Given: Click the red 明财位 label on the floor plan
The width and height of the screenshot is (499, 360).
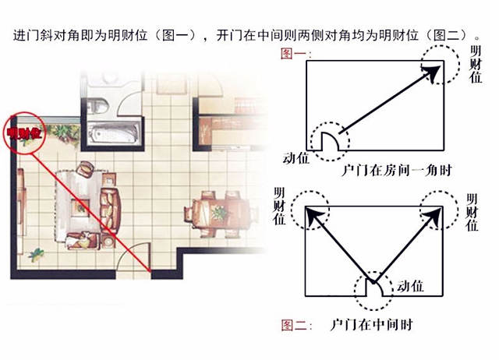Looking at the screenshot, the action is click(25, 133).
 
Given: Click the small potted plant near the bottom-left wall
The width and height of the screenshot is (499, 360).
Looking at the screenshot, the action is click(36, 255).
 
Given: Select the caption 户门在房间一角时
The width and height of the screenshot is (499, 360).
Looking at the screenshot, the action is click(397, 171).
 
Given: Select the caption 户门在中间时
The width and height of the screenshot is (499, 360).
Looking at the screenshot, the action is click(371, 325).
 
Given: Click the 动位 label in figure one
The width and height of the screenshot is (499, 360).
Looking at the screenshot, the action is click(296, 158).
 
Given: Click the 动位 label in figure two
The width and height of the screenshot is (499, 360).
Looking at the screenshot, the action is click(410, 285).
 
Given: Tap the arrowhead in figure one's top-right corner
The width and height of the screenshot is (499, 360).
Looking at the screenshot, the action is click(432, 72).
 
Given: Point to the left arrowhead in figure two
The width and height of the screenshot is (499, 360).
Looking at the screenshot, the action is click(314, 217).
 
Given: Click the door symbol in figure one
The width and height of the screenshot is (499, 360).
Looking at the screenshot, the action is click(330, 141).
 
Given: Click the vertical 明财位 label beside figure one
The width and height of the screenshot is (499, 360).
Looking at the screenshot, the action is click(476, 64).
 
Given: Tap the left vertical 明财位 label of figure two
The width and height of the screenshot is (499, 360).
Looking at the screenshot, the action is click(279, 206).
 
